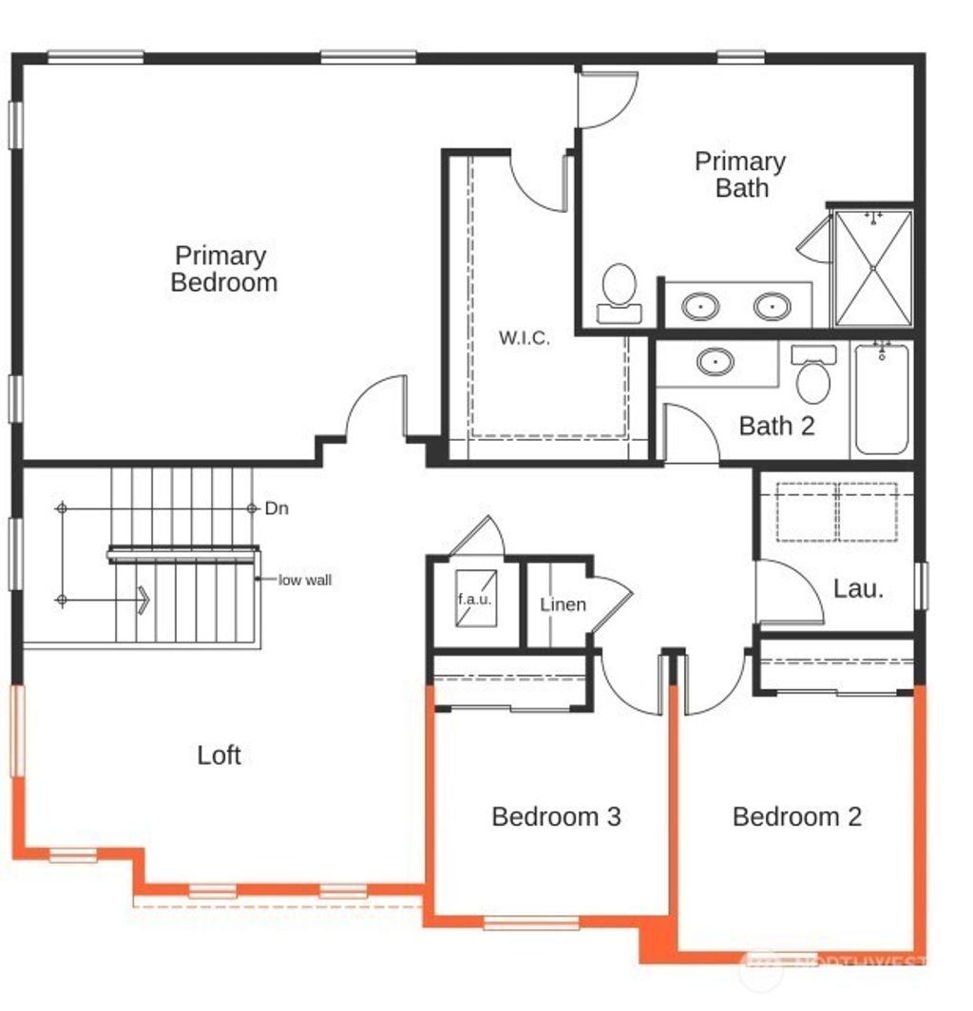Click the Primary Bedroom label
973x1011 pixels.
point(224,269)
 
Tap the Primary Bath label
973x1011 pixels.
point(740,174)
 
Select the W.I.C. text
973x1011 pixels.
point(525,337)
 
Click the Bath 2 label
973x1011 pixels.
point(776,426)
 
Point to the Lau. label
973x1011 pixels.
point(858,588)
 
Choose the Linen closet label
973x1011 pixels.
point(563,604)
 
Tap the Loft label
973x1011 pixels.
point(219,755)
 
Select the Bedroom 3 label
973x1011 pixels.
point(556,816)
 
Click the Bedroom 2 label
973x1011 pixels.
point(797,816)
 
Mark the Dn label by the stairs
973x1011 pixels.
point(277,508)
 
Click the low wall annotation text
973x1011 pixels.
point(305,580)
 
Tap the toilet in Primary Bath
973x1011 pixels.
point(620,290)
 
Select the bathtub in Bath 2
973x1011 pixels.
point(882,399)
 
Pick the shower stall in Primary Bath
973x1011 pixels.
point(872,269)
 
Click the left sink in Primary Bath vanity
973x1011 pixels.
point(700,307)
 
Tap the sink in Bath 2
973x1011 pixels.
point(715,362)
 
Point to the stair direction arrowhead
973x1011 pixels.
point(143,601)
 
